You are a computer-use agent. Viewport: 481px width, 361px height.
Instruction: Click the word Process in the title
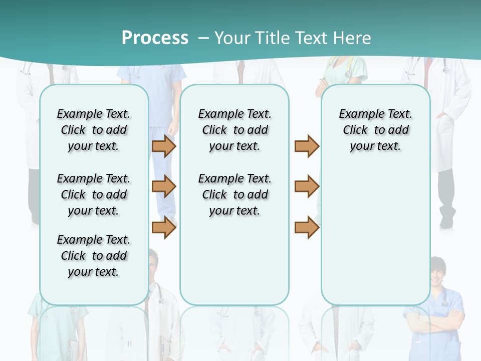(x=155, y=38)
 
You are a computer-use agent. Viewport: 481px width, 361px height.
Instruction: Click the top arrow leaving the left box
(x=164, y=146)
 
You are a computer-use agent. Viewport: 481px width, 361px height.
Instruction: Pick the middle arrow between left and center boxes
(x=164, y=187)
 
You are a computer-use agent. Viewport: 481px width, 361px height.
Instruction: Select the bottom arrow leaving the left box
(x=164, y=227)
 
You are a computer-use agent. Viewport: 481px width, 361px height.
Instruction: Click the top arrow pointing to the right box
(x=307, y=146)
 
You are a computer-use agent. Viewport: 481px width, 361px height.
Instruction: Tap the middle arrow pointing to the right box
(x=307, y=187)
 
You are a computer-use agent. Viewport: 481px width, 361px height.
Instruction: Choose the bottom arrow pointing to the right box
(x=307, y=227)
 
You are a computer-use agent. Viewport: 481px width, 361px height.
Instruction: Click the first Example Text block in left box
(x=93, y=130)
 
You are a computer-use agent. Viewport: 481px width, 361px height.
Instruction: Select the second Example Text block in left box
(x=93, y=195)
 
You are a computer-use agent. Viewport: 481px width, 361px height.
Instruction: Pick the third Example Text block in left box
(x=93, y=256)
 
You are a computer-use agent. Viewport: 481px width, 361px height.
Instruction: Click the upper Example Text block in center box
(x=234, y=130)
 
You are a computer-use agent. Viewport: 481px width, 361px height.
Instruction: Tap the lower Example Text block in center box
(x=234, y=195)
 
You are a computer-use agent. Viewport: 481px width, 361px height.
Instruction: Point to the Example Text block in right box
(x=375, y=130)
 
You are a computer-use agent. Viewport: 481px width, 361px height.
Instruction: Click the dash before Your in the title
(x=203, y=38)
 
